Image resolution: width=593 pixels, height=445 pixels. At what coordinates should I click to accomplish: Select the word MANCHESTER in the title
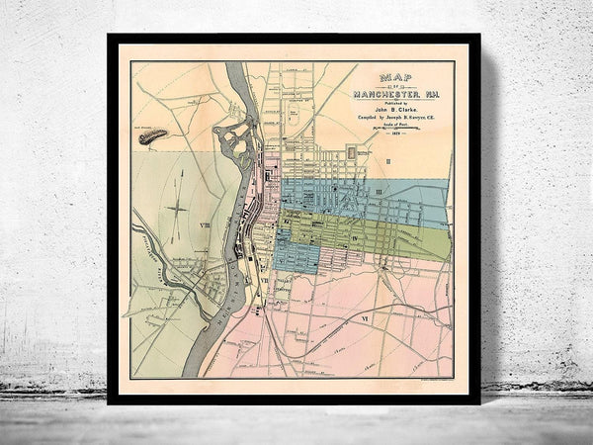click(x=395, y=93)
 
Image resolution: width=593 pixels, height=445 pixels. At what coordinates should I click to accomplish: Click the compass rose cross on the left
click(x=179, y=209)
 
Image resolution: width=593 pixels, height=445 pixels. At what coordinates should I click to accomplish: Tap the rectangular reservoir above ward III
click(x=353, y=153)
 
